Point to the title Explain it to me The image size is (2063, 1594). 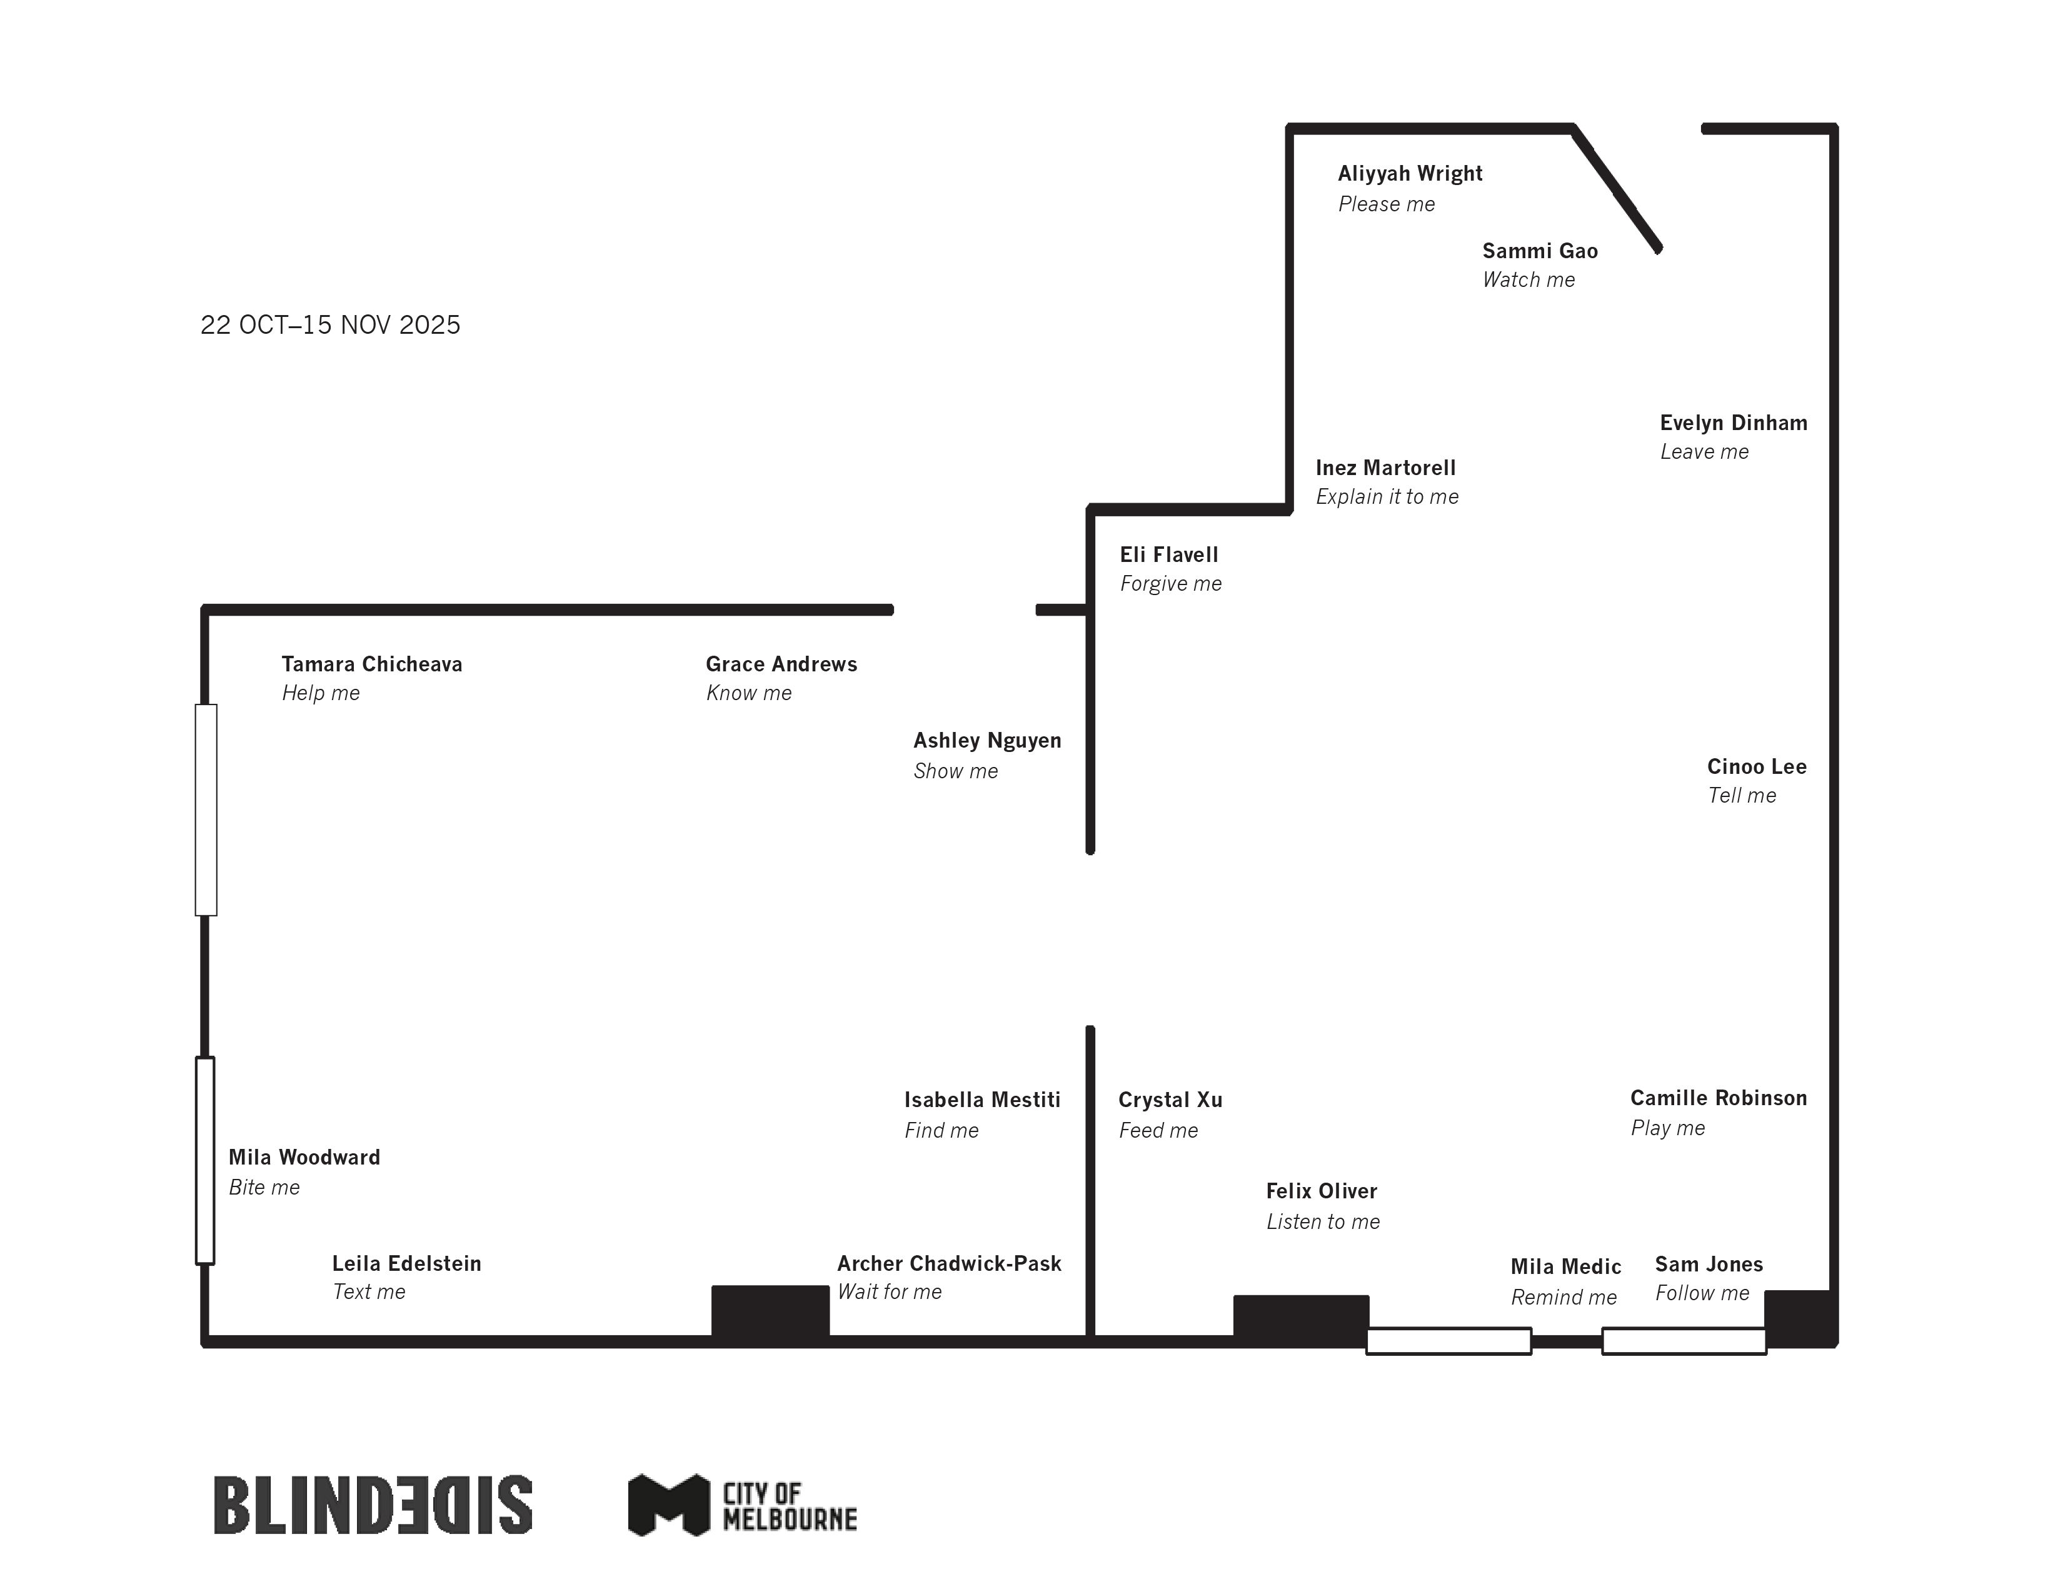(x=1386, y=497)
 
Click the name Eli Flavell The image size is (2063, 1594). (x=1168, y=555)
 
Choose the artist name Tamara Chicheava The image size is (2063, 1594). (x=371, y=665)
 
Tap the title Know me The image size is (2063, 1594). (x=748, y=693)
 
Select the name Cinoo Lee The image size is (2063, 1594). (x=1756, y=767)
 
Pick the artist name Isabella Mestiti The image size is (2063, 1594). (x=981, y=1100)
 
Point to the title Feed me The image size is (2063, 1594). (x=1157, y=1131)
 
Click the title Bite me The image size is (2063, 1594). (x=264, y=1188)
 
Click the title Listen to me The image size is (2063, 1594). (x=1322, y=1222)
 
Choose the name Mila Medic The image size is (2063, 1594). (x=1565, y=1267)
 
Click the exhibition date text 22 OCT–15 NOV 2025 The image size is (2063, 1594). (x=329, y=325)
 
